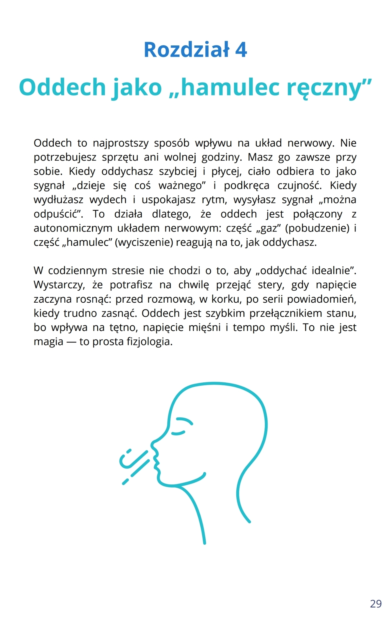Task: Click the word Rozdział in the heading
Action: (187, 50)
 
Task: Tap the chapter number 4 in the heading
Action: (241, 50)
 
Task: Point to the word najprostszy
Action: (121, 143)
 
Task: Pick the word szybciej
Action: (178, 171)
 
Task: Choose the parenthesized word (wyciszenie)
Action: (144, 242)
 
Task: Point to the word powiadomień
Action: (321, 299)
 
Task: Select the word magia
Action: (48, 342)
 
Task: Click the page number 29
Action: (376, 604)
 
